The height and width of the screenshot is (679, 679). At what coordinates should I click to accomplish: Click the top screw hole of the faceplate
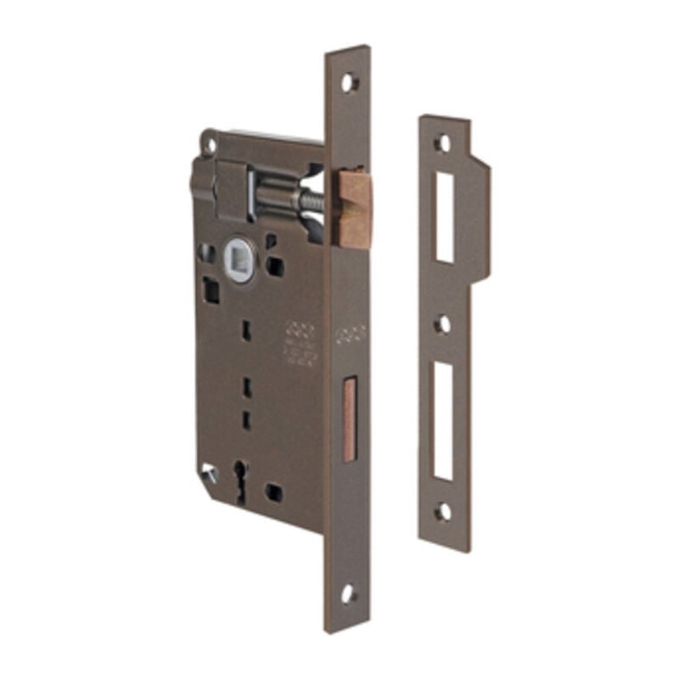coord(349,82)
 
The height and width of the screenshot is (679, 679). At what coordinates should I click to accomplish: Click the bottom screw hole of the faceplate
coord(348,593)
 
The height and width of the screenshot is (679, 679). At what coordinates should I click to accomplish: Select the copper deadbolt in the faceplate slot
coord(349,420)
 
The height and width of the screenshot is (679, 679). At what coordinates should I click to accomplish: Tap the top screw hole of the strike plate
coord(443,143)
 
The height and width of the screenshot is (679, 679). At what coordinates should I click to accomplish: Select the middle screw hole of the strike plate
coord(443,324)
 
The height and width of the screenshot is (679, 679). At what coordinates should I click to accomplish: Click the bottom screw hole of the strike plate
coord(443,512)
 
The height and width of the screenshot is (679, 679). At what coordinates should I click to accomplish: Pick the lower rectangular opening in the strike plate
coord(444,421)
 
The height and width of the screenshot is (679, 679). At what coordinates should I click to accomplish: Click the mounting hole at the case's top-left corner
coord(209,143)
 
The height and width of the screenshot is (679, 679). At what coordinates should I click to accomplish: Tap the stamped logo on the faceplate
coord(350,334)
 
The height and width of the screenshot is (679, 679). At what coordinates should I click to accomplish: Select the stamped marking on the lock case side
coord(299,342)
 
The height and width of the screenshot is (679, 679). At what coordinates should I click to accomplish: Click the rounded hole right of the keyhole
coord(273,491)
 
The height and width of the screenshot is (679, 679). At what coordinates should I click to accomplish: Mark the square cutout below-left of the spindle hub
coord(210,291)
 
